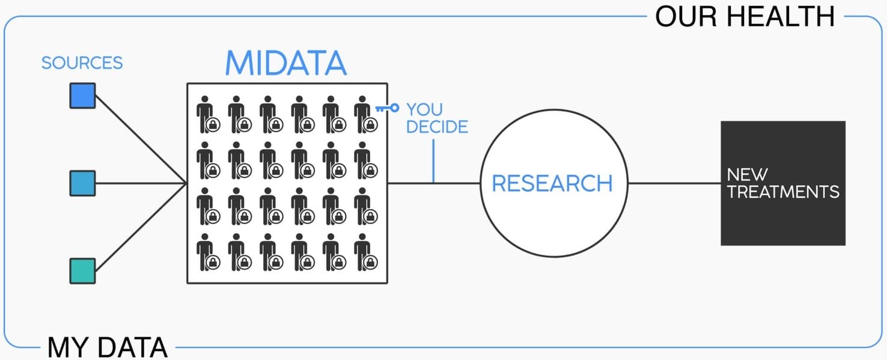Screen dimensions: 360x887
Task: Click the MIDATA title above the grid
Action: pyautogui.click(x=286, y=63)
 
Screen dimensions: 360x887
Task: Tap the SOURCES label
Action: pyautogui.click(x=82, y=63)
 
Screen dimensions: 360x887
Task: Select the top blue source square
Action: pyautogui.click(x=82, y=96)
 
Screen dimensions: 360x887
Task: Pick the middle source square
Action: pyautogui.click(x=82, y=183)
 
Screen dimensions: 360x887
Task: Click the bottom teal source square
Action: pyautogui.click(x=82, y=270)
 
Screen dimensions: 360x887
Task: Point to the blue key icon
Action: pyautogui.click(x=387, y=108)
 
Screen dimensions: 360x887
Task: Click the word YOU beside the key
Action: pyautogui.click(x=424, y=109)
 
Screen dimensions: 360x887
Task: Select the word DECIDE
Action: pyautogui.click(x=437, y=127)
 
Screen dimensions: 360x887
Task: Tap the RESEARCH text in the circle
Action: pyautogui.click(x=552, y=183)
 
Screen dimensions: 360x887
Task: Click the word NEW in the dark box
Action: pyautogui.click(x=747, y=175)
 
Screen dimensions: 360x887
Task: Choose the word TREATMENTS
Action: pyautogui.click(x=783, y=192)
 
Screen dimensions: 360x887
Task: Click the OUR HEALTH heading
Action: pyautogui.click(x=745, y=16)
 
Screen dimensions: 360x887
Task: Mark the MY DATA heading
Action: pyautogui.click(x=107, y=347)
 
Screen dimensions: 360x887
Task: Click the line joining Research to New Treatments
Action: pyautogui.click(x=674, y=183)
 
